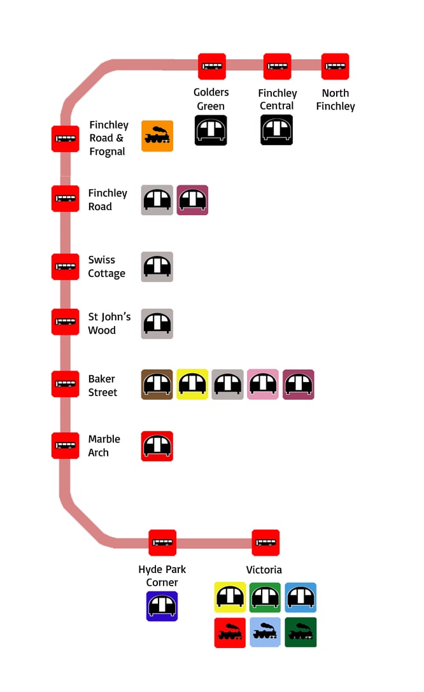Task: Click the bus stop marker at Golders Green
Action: tap(212, 66)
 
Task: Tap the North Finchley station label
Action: tap(335, 100)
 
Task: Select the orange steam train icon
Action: tap(157, 136)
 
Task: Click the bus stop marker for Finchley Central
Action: tap(277, 66)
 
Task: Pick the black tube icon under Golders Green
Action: tap(211, 131)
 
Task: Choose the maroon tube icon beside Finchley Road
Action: tap(192, 200)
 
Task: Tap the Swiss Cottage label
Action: tap(106, 267)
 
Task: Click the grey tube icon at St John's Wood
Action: tap(157, 323)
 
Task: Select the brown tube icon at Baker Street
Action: tap(157, 384)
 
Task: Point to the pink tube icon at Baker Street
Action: tap(263, 384)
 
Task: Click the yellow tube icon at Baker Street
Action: tap(192, 384)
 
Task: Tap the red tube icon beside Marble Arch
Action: tap(157, 446)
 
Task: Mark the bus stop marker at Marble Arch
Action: tap(65, 446)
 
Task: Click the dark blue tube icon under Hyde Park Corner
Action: tap(162, 606)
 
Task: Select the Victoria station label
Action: tap(264, 570)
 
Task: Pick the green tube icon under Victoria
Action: tap(265, 597)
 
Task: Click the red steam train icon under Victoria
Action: tap(230, 633)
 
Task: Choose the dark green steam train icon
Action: tap(300, 633)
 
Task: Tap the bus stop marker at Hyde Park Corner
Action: tap(162, 543)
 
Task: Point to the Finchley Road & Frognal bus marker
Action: tap(65, 138)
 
